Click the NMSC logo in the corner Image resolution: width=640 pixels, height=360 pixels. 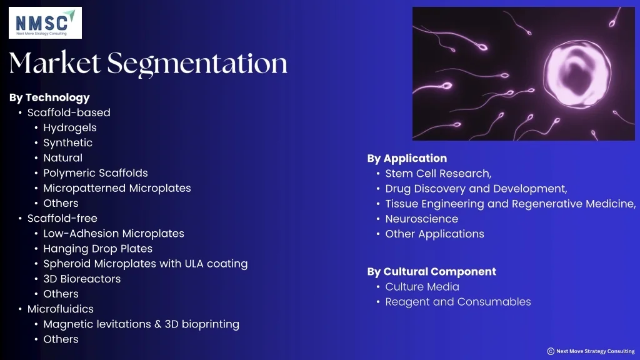(45, 23)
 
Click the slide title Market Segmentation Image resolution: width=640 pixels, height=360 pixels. (148, 63)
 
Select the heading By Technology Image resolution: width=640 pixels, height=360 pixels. (49, 97)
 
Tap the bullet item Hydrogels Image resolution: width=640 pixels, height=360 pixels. (70, 127)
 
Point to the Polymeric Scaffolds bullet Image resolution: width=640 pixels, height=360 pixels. (96, 173)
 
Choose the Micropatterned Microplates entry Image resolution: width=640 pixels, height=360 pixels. (117, 188)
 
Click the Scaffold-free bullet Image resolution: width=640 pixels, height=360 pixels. (62, 218)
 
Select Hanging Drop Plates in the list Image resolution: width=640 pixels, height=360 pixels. (97, 249)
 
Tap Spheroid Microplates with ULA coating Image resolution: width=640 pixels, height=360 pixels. (145, 264)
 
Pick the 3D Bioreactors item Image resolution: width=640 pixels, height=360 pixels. (82, 279)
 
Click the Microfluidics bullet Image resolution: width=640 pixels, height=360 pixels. (61, 309)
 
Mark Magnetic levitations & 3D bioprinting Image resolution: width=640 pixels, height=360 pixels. (141, 324)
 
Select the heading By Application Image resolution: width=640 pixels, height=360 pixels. (407, 159)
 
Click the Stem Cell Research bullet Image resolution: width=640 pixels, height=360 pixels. (438, 174)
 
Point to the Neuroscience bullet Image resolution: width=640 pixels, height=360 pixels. (421, 219)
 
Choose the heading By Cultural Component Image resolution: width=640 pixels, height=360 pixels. (431, 272)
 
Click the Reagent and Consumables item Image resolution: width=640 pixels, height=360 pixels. (457, 302)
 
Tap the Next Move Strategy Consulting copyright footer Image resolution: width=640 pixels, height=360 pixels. (591, 351)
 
